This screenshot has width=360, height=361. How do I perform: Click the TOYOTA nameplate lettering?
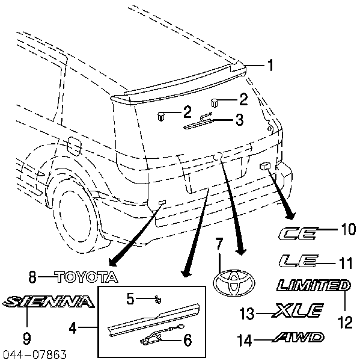click(x=87, y=277)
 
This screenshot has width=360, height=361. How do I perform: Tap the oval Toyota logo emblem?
click(x=234, y=283)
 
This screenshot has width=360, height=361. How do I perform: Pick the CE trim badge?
click(x=298, y=233)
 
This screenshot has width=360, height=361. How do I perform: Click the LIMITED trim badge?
click(x=314, y=285)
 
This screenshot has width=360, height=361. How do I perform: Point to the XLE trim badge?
click(x=297, y=310)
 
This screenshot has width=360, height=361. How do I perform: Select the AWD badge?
click(x=298, y=337)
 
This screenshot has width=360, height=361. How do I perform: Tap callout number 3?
click(x=239, y=120)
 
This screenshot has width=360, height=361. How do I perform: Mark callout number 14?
click(x=245, y=341)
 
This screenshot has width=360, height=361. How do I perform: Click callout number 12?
click(x=345, y=322)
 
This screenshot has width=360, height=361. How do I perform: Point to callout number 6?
click(x=188, y=340)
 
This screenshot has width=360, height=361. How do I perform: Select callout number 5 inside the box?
click(x=130, y=299)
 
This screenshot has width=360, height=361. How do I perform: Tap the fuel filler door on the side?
click(x=75, y=146)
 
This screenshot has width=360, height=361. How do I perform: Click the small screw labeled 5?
click(x=158, y=300)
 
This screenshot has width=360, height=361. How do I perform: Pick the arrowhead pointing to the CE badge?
click(x=290, y=215)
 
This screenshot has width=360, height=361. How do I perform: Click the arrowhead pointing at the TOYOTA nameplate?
click(x=113, y=262)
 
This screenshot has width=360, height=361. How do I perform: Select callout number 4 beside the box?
click(x=73, y=328)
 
